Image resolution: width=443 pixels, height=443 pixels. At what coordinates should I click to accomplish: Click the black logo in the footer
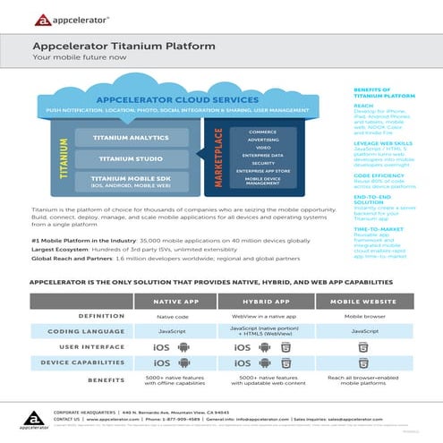pos(30,417)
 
